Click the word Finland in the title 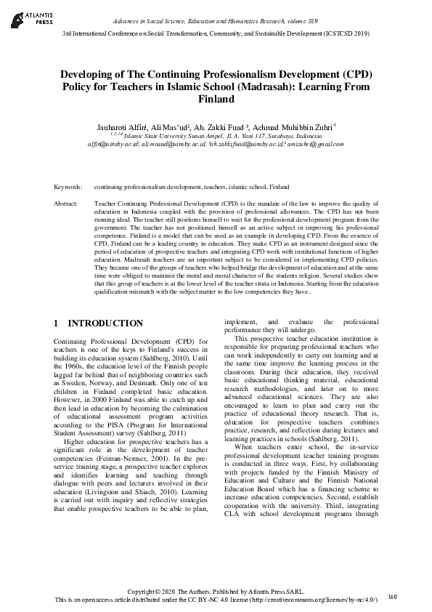tap(216, 100)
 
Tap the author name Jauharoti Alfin tap(121, 127)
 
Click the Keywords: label tap(68, 187)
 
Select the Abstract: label tap(67, 204)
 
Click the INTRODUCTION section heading tap(105, 323)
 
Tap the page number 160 tap(393, 597)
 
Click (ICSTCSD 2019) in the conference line tap(346, 33)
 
